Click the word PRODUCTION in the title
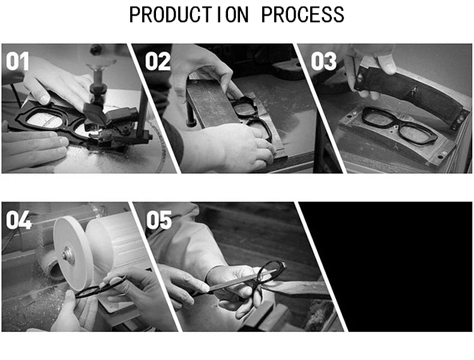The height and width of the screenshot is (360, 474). coord(189,14)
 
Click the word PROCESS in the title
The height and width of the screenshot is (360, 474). coord(302,14)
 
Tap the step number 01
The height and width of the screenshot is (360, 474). coord(17,61)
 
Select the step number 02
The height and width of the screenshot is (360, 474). coord(157,61)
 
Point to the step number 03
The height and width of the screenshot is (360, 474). coord(324,61)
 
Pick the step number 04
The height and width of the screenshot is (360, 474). coord(19,220)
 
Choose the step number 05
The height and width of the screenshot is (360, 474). coord(159,220)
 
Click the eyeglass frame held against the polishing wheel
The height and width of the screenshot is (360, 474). coord(100,289)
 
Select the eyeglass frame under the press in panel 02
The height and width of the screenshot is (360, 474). coord(254,118)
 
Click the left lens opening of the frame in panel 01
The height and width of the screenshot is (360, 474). coord(46,118)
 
